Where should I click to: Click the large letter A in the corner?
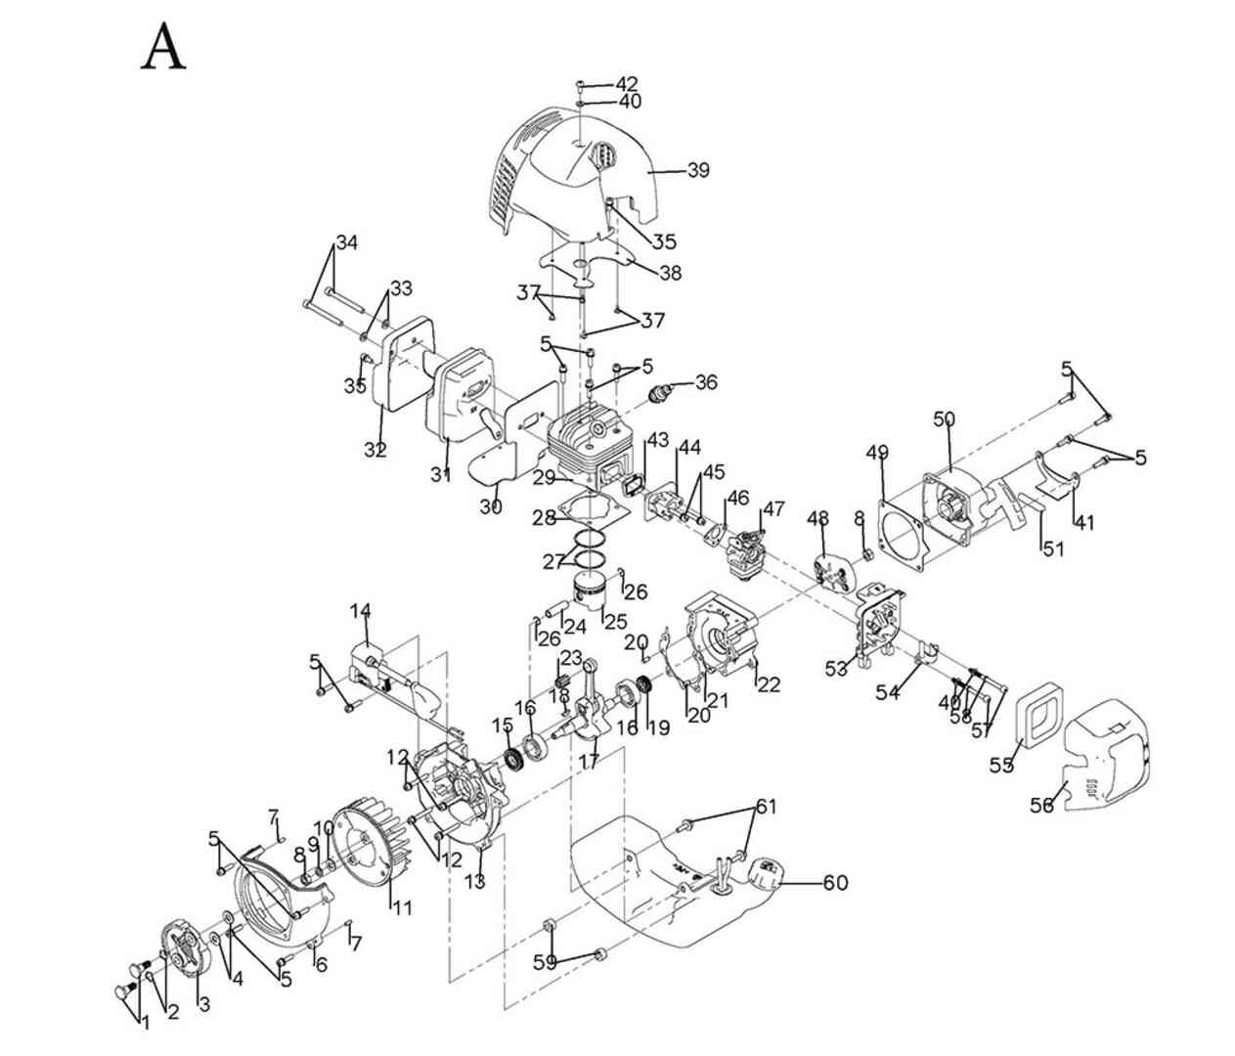coord(163,48)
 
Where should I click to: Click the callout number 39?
coord(697,170)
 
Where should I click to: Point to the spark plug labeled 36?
coord(665,391)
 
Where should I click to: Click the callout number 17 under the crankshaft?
coord(589,759)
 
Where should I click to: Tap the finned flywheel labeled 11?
coord(367,851)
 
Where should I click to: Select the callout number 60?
coord(834,883)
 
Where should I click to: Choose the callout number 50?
coord(944,419)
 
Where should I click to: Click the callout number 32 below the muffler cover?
coord(375,450)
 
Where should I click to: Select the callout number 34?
coord(347,242)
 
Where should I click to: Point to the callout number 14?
coord(361,612)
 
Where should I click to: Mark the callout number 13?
coord(474,883)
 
